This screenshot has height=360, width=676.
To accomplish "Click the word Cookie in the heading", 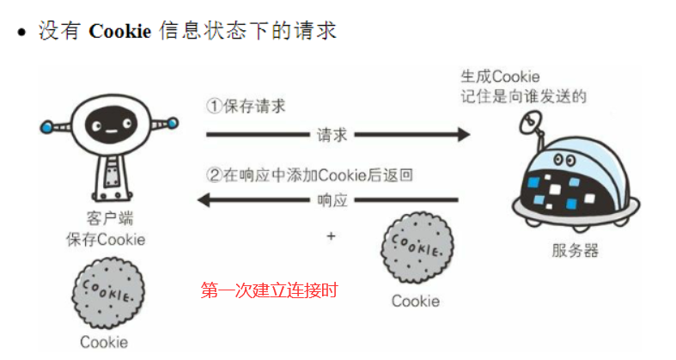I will pyautogui.click(x=120, y=32).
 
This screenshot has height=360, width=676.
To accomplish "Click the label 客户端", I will pyautogui.click(x=109, y=218).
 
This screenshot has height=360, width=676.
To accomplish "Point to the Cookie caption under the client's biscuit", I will pyautogui.click(x=104, y=341).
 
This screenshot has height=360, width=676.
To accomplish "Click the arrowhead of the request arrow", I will pyautogui.click(x=463, y=135).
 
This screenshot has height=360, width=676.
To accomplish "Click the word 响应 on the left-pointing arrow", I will pyautogui.click(x=330, y=200).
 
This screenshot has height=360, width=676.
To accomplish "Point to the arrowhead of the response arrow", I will pyautogui.click(x=205, y=200).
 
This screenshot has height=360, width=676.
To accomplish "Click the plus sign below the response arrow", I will pyautogui.click(x=330, y=235).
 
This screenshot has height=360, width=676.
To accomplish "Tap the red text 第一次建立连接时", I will pyautogui.click(x=270, y=290).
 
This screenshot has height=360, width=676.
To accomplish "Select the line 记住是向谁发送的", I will pyautogui.click(x=522, y=95).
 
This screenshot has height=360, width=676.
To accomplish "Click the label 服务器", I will pyautogui.click(x=575, y=251).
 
